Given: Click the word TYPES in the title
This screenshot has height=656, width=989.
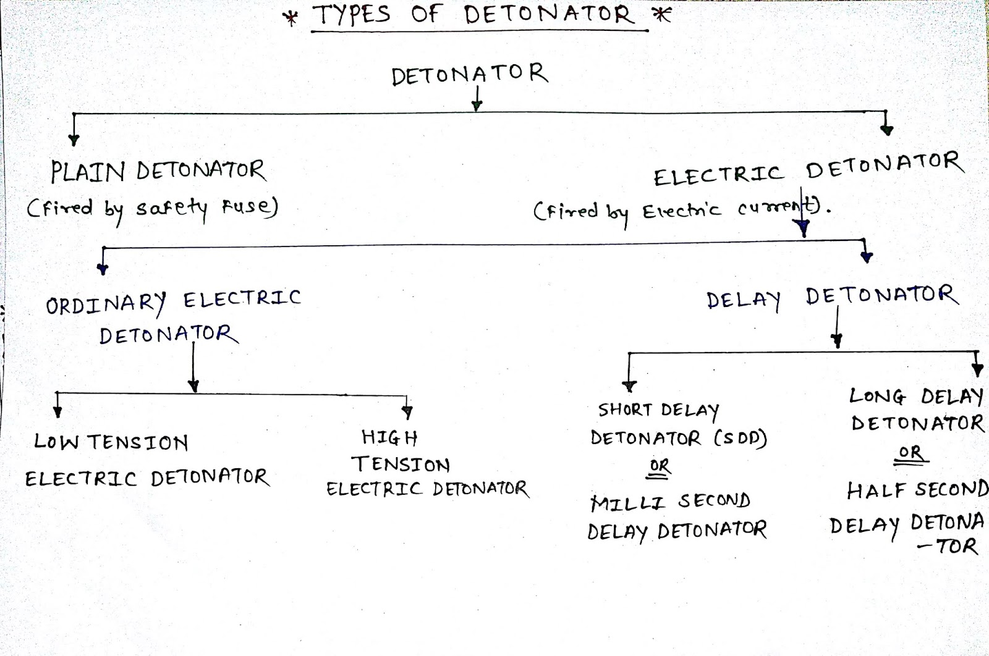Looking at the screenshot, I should [352, 15].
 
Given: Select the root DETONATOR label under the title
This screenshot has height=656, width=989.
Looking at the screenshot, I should [470, 75].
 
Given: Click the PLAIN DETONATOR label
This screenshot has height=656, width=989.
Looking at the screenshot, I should [158, 171].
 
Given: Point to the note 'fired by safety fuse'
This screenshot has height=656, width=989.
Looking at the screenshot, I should [152, 208].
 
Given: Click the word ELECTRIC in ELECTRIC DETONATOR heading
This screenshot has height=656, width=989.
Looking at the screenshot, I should [719, 175].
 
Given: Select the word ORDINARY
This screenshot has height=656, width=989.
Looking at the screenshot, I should [106, 303].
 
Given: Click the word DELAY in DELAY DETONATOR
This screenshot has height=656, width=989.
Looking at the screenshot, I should [744, 300].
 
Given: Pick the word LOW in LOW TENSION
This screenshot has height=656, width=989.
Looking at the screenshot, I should [56, 442].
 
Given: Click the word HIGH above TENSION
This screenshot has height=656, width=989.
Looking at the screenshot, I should [389, 438].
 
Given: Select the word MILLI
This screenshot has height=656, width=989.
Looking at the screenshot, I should [627, 502].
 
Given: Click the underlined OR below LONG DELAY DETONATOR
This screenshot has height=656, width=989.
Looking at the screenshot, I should [910, 453].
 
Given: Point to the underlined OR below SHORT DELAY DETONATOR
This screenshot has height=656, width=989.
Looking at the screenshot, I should [660, 466].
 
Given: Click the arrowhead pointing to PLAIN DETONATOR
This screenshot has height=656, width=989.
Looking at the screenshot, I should [74, 140].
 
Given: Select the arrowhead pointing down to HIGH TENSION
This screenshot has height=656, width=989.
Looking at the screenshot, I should [407, 412].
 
